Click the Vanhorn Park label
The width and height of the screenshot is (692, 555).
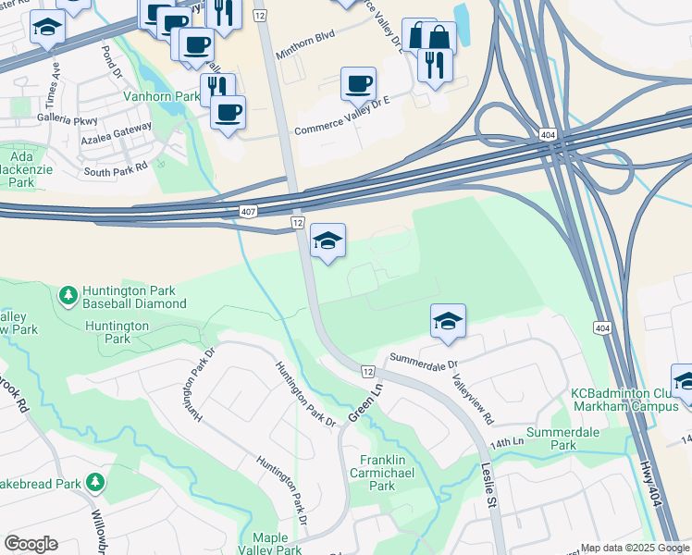(162, 96)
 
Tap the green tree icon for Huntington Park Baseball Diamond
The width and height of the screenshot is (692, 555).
(67, 295)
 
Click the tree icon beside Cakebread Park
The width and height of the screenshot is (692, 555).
(94, 482)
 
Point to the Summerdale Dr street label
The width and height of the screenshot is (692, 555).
(424, 358)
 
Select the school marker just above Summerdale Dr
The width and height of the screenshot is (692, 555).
(448, 321)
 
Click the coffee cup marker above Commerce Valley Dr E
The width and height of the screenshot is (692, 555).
(358, 84)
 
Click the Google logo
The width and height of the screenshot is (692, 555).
(31, 544)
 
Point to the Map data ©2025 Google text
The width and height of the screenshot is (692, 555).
(635, 548)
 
